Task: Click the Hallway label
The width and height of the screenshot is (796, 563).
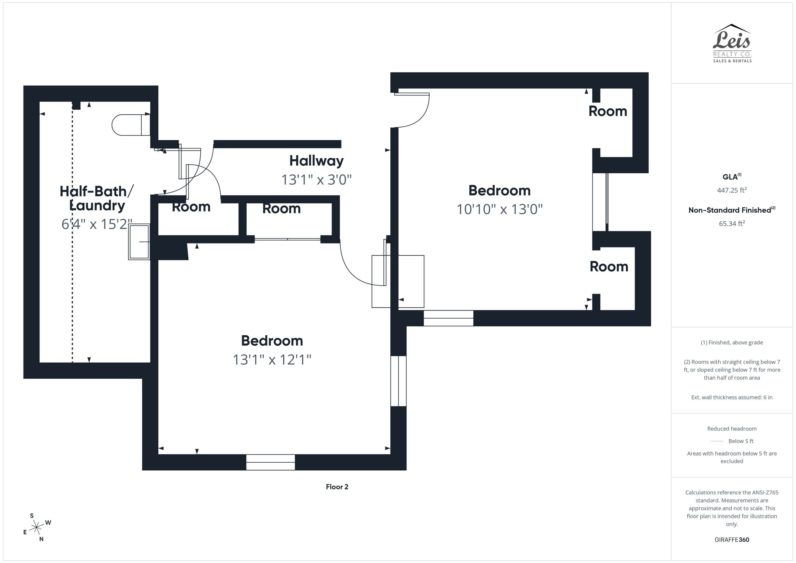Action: [316, 161]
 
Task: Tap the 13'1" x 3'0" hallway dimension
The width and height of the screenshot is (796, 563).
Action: [316, 180]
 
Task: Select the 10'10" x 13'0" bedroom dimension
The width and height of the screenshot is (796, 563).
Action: [499, 209]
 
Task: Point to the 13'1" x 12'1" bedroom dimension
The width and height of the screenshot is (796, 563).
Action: [272, 360]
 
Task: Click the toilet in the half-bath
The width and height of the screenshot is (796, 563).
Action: [130, 125]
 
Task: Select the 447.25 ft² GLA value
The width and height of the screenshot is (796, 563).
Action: [732, 190]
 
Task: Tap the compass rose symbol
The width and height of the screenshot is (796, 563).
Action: [36, 527]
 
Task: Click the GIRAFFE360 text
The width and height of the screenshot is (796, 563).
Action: [732, 539]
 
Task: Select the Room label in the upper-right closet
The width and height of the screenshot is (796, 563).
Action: [608, 111]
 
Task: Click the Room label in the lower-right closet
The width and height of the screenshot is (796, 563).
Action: [609, 267]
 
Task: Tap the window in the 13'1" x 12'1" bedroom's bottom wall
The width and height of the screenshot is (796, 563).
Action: [270, 462]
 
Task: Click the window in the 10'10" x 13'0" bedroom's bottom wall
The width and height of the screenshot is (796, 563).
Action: [448, 318]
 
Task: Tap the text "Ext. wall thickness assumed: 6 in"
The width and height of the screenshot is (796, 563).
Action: [732, 397]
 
